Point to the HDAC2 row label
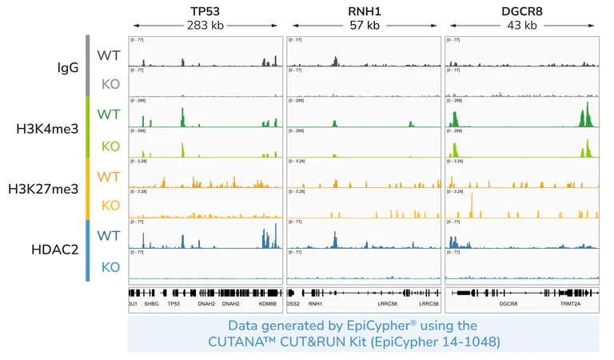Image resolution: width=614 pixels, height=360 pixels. pos(54,250)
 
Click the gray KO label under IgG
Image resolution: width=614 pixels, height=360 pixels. pos(110,83)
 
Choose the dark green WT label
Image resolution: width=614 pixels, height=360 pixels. pos(109,114)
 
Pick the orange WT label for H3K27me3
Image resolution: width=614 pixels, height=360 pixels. pos(109,175)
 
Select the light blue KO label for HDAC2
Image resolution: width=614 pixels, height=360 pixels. pos(110,267)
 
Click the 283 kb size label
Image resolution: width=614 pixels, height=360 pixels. pos(205,26)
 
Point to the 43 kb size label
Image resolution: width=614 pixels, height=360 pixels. pos(521,26)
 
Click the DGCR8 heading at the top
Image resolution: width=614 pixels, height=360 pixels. pos(521,10)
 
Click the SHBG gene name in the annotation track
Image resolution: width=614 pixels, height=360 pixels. pos(151,304)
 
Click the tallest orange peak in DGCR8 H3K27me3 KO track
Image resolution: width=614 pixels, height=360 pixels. pos(472,205)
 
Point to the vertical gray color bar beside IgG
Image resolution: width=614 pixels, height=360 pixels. pos(88,66)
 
